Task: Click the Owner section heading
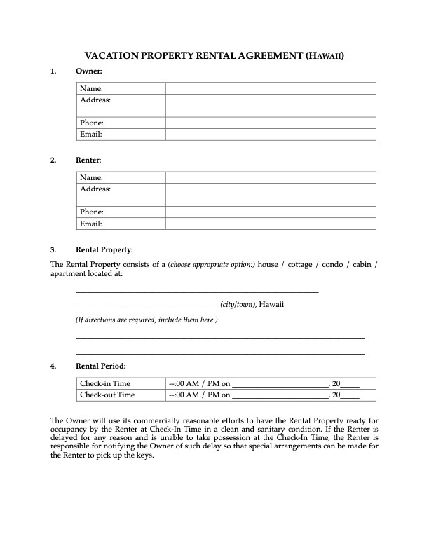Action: tap(89, 71)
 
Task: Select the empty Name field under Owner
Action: tap(271, 88)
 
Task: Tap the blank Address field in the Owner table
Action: tap(271, 106)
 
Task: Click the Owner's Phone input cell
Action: tap(271, 123)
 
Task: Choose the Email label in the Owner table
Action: tap(91, 134)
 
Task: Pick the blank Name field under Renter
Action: tap(271, 178)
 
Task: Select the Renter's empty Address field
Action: tap(271, 195)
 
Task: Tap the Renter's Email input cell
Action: tap(271, 224)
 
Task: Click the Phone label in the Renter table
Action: tap(92, 212)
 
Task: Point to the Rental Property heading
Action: tap(104, 249)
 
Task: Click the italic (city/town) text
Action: tap(238, 304)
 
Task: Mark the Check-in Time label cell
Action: tap(105, 383)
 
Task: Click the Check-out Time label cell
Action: tap(107, 395)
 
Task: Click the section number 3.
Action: tap(53, 249)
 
